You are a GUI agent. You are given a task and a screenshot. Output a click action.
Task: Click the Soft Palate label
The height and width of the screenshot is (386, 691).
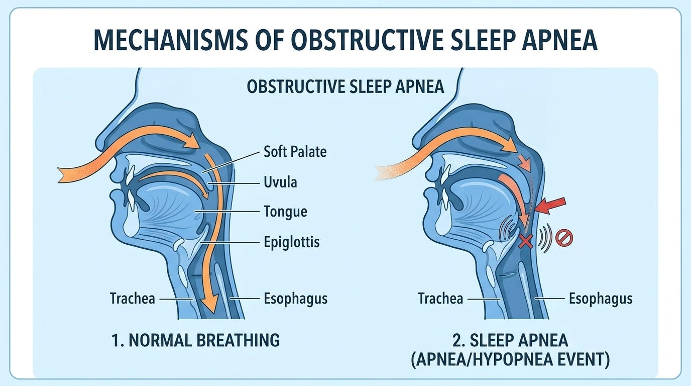point(295,152)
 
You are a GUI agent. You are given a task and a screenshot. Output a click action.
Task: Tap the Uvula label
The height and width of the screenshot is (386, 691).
point(280,182)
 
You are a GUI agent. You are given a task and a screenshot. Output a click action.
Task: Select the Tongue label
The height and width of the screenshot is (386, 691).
point(285,212)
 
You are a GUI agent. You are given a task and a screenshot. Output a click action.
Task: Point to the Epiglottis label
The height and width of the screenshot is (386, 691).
point(291,242)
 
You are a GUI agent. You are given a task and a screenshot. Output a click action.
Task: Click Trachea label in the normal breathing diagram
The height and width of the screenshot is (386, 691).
point(133,299)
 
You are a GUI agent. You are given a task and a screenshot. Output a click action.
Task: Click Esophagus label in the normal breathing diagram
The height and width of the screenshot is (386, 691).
point(295,299)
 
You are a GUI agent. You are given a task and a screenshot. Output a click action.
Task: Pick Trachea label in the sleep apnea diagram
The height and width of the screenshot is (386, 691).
point(440,299)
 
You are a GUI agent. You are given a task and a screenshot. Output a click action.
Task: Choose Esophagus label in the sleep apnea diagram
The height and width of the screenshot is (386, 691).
point(601,299)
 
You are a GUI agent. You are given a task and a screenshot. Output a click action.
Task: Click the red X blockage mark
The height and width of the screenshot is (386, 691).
point(525,241)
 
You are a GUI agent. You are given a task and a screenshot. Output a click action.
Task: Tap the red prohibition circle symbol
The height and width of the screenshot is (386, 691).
point(564,238)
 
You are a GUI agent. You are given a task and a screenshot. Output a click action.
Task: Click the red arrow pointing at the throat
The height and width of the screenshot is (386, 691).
point(550,206)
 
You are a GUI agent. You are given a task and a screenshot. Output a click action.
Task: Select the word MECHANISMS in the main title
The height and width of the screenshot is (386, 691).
point(170,40)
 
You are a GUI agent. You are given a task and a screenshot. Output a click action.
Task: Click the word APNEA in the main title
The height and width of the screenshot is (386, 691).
point(559,40)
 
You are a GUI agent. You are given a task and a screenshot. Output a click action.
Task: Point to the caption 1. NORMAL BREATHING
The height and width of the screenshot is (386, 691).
point(195,340)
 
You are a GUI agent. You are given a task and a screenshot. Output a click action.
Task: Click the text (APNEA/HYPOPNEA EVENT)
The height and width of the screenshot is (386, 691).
point(510,359)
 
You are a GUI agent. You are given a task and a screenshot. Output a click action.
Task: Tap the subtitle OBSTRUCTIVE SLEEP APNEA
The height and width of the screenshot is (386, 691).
point(345,86)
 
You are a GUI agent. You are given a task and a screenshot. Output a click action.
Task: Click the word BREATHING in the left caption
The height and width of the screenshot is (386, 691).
point(238,340)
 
